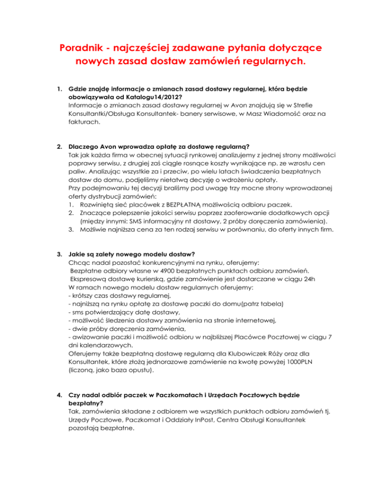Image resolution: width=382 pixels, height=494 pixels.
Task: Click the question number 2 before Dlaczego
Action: click(60, 146)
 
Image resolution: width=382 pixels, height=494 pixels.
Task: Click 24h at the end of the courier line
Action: click(303, 279)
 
